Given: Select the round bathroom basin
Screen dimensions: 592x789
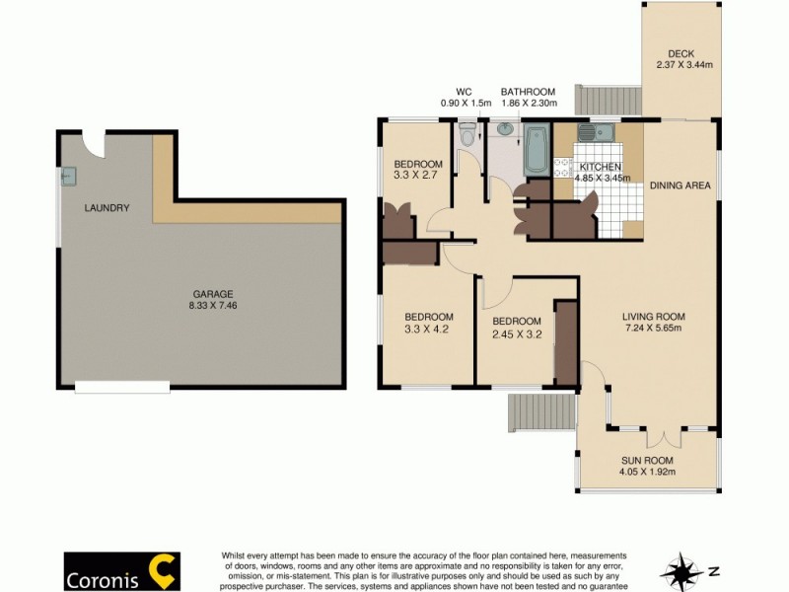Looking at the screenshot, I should (x=506, y=128).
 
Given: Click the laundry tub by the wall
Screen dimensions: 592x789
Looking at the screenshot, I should (x=68, y=177).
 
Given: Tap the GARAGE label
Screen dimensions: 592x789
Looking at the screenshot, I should (x=213, y=294).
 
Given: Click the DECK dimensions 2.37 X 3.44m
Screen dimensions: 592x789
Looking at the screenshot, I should (x=682, y=66).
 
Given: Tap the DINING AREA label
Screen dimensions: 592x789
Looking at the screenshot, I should (x=681, y=185).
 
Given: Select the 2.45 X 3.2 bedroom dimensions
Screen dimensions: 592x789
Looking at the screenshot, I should (x=517, y=334).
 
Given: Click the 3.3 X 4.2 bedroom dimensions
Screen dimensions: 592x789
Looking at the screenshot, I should (x=428, y=330).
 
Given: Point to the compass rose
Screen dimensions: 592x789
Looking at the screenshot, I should (x=681, y=569).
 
